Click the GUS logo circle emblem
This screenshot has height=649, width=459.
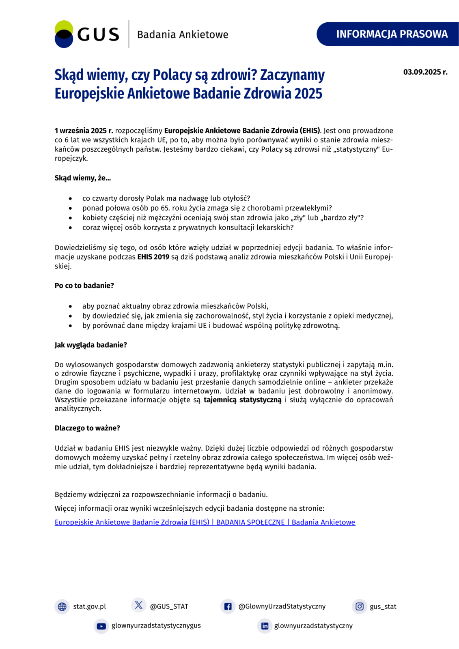click(64, 34)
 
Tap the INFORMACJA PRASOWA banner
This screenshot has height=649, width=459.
click(391, 34)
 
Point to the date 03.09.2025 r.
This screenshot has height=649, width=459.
click(425, 72)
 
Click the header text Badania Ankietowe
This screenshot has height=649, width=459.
click(183, 34)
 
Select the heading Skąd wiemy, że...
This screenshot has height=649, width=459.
click(83, 178)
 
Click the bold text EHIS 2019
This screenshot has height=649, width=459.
click(153, 257)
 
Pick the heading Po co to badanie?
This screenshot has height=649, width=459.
click(84, 286)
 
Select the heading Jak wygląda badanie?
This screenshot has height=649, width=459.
click(91, 345)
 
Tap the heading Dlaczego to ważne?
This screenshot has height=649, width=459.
click(87, 428)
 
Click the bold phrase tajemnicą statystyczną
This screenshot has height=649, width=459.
click(242, 400)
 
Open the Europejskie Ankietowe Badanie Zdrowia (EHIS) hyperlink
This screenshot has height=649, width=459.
click(205, 522)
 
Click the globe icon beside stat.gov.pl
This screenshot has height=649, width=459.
click(62, 606)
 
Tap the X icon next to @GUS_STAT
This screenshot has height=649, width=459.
click(138, 605)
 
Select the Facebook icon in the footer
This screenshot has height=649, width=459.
click(228, 606)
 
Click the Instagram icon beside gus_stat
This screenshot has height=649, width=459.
click(359, 606)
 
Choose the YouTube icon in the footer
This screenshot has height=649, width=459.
click(101, 626)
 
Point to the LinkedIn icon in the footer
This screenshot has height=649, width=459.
click(265, 626)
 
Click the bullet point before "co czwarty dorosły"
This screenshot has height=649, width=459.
click(71, 198)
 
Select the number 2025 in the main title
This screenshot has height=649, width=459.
click(308, 93)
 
